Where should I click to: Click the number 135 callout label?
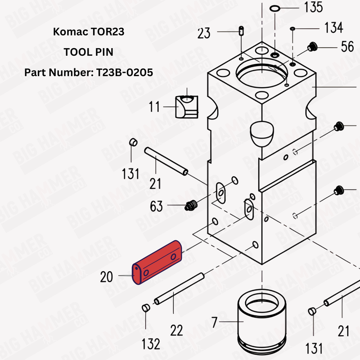point(313,8)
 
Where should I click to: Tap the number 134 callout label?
point(333,27)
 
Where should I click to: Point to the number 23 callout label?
point(204,33)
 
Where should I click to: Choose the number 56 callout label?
point(347,46)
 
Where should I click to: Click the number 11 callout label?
point(155,107)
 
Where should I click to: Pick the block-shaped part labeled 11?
point(186,106)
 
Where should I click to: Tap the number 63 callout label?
point(157,207)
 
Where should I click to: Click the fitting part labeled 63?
point(190,206)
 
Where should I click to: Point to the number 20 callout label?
point(107,277)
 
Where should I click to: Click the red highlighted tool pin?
point(157,263)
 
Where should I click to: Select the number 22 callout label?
point(176,330)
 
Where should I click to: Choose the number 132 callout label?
point(150,344)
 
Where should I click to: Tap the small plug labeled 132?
point(145,308)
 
